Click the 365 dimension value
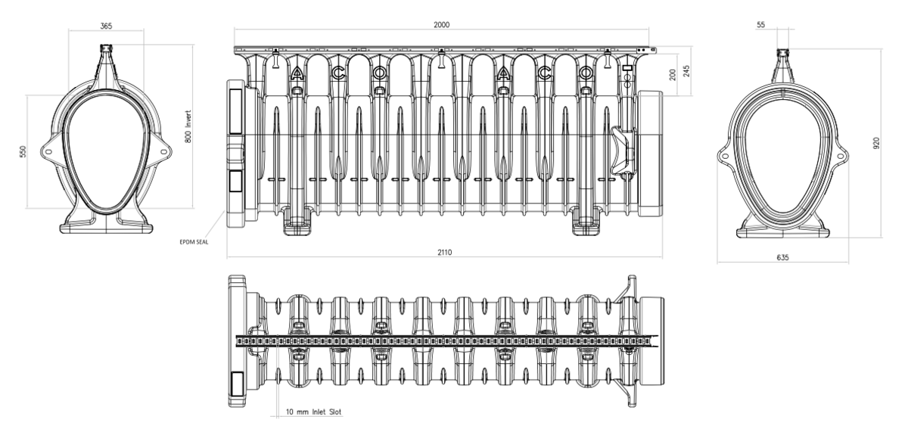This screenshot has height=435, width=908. [x=106, y=26]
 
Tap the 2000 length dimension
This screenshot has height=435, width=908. [x=441, y=25]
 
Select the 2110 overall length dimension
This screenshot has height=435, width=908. [x=444, y=252]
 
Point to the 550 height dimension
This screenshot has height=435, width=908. [x=23, y=151]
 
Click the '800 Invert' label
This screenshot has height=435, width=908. [x=188, y=126]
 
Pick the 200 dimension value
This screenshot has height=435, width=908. [x=673, y=75]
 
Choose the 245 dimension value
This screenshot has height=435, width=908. [x=686, y=71]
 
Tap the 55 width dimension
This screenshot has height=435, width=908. [x=760, y=25]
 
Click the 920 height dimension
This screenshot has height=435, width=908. [x=876, y=143]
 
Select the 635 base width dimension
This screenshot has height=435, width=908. [x=782, y=257]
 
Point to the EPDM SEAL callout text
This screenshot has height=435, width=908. [x=194, y=242]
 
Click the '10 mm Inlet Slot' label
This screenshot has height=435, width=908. [x=314, y=412]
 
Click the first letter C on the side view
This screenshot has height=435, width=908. [x=338, y=73]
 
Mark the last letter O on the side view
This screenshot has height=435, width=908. [x=585, y=73]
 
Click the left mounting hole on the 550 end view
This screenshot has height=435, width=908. [x=48, y=152]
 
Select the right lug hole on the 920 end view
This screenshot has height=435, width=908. [x=841, y=156]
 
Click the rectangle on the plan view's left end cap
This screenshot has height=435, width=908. [x=237, y=384]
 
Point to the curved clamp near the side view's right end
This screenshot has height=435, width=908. [x=623, y=151]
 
